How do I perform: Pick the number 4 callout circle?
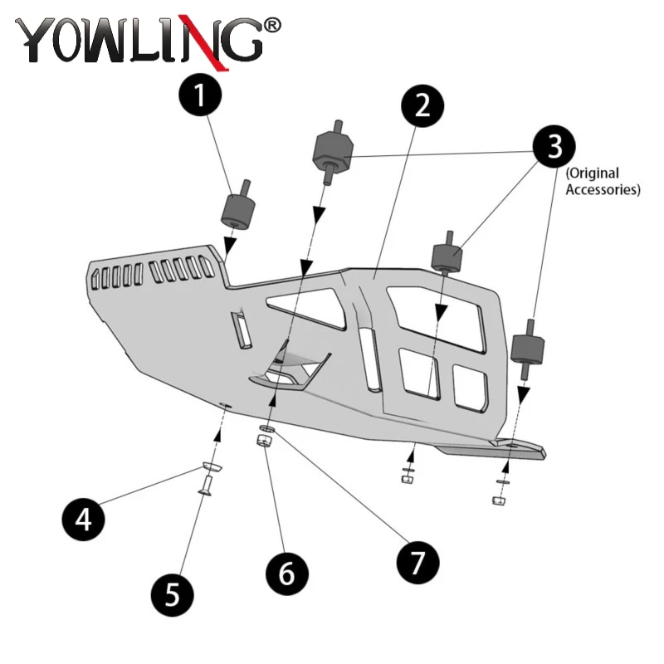tap(84, 521)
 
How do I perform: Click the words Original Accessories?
tap(603, 182)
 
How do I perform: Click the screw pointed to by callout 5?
tap(204, 492)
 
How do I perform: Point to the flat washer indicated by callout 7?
tap(267, 427)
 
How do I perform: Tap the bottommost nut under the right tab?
tap(499, 500)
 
